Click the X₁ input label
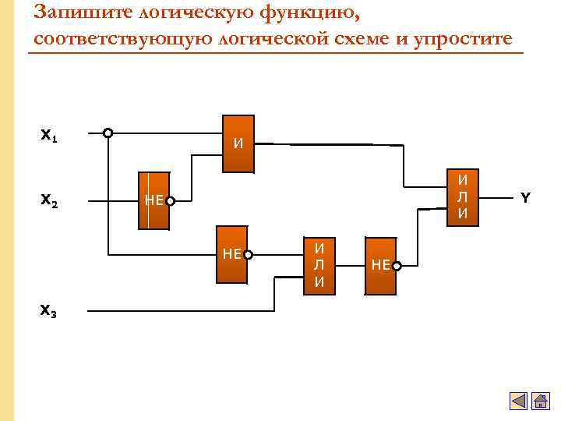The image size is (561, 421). tap(48, 136)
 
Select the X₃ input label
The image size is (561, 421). tap(48, 311)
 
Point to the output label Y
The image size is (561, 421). tap(525, 197)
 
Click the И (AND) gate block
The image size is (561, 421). tap(238, 144)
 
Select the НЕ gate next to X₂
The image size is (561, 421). tap(153, 200)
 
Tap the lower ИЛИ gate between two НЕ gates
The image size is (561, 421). tap(319, 265)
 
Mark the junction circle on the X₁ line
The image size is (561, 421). tap(108, 133)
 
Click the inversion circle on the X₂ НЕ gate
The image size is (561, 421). tap(170, 201)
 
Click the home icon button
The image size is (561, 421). tap(540, 402)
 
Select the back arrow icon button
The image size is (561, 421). tap(519, 402)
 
